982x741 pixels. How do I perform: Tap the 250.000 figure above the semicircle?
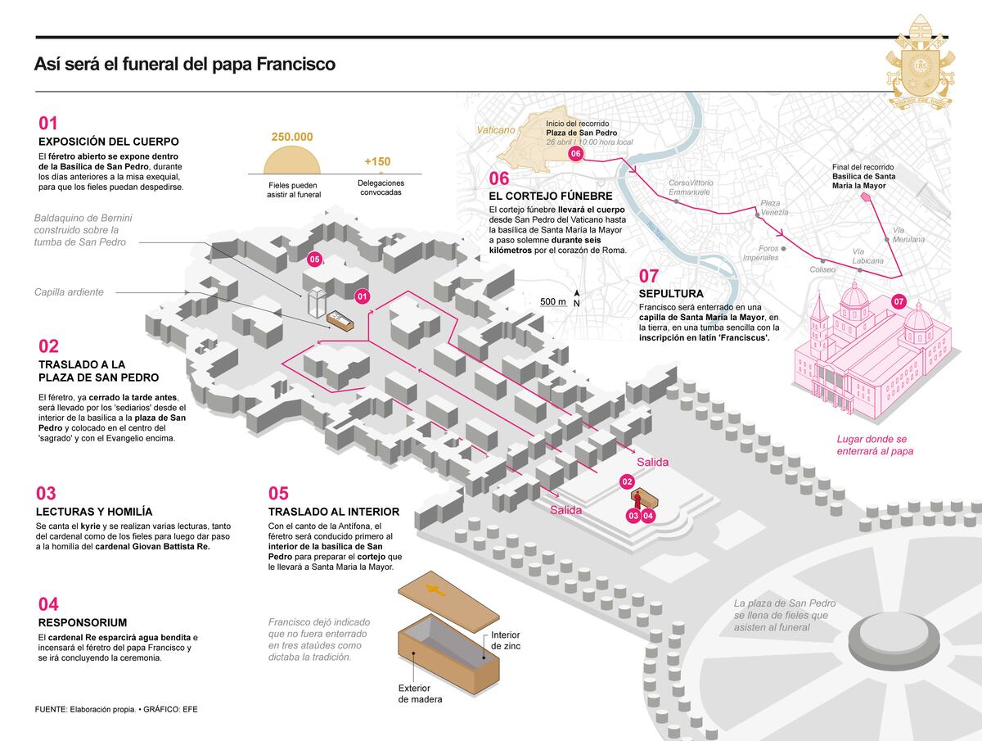[292, 137]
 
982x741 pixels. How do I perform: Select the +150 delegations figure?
[377, 160]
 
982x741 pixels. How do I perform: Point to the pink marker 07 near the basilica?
[899, 301]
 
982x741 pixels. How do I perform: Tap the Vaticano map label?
[497, 129]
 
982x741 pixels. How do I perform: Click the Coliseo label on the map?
[822, 269]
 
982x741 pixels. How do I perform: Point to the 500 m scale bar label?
[552, 301]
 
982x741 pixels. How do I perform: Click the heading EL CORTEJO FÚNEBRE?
[550, 197]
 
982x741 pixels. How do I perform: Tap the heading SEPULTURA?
[671, 293]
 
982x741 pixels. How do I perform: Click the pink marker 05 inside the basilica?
[314, 259]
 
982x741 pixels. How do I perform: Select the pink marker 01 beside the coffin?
[363, 296]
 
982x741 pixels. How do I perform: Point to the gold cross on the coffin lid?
[435, 590]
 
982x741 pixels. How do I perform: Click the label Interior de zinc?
[505, 640]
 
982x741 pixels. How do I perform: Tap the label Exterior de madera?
[421, 694]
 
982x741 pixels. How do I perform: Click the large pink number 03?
[47, 493]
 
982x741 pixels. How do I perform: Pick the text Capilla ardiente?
[69, 292]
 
